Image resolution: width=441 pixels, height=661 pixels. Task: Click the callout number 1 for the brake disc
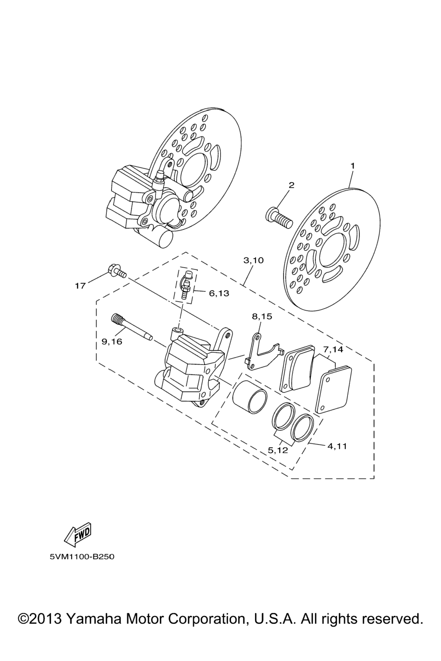click(352, 166)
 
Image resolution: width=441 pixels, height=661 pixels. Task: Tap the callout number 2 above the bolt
click(292, 185)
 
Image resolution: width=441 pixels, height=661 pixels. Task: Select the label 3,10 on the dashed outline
click(253, 260)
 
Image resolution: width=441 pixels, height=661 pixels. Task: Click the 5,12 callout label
click(278, 459)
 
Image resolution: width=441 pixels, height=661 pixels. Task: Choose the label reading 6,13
click(219, 293)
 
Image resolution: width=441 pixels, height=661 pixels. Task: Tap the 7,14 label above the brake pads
click(333, 349)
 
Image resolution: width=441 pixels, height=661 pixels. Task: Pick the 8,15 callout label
click(262, 317)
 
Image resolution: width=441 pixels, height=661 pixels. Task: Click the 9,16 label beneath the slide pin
click(112, 341)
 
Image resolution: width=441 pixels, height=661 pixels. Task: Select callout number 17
click(81, 285)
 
